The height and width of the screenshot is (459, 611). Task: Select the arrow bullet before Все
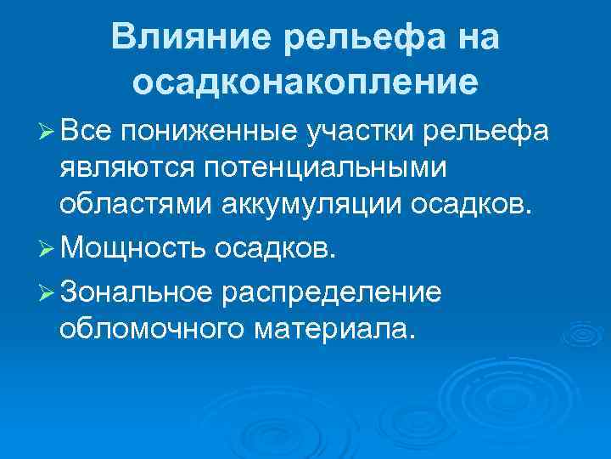47,132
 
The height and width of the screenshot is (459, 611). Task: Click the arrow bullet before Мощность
47,247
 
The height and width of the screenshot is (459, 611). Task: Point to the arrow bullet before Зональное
47,292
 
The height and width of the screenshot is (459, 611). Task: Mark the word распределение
331,292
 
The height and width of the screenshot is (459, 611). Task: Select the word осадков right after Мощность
276,247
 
